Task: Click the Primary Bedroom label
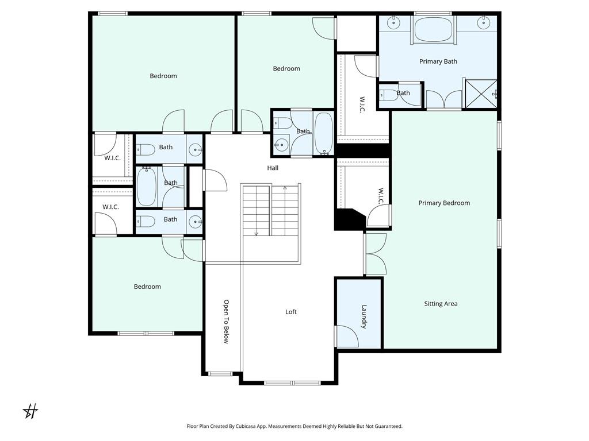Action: tap(444, 203)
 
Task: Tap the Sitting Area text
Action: tap(441, 304)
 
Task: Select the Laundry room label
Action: tap(364, 317)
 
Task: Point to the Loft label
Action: tap(290, 312)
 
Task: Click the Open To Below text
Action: tap(226, 322)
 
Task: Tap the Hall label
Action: tap(273, 168)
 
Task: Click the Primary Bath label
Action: tap(438, 61)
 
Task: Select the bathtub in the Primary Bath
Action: tap(433, 29)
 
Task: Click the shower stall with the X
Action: tap(481, 94)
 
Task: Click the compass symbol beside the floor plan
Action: tap(30, 411)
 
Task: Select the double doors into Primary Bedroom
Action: tap(376, 254)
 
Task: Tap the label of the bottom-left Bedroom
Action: tap(147, 287)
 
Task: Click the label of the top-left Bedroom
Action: tap(163, 76)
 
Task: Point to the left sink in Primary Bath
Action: tap(393, 22)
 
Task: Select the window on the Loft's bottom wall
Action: tap(293, 383)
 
